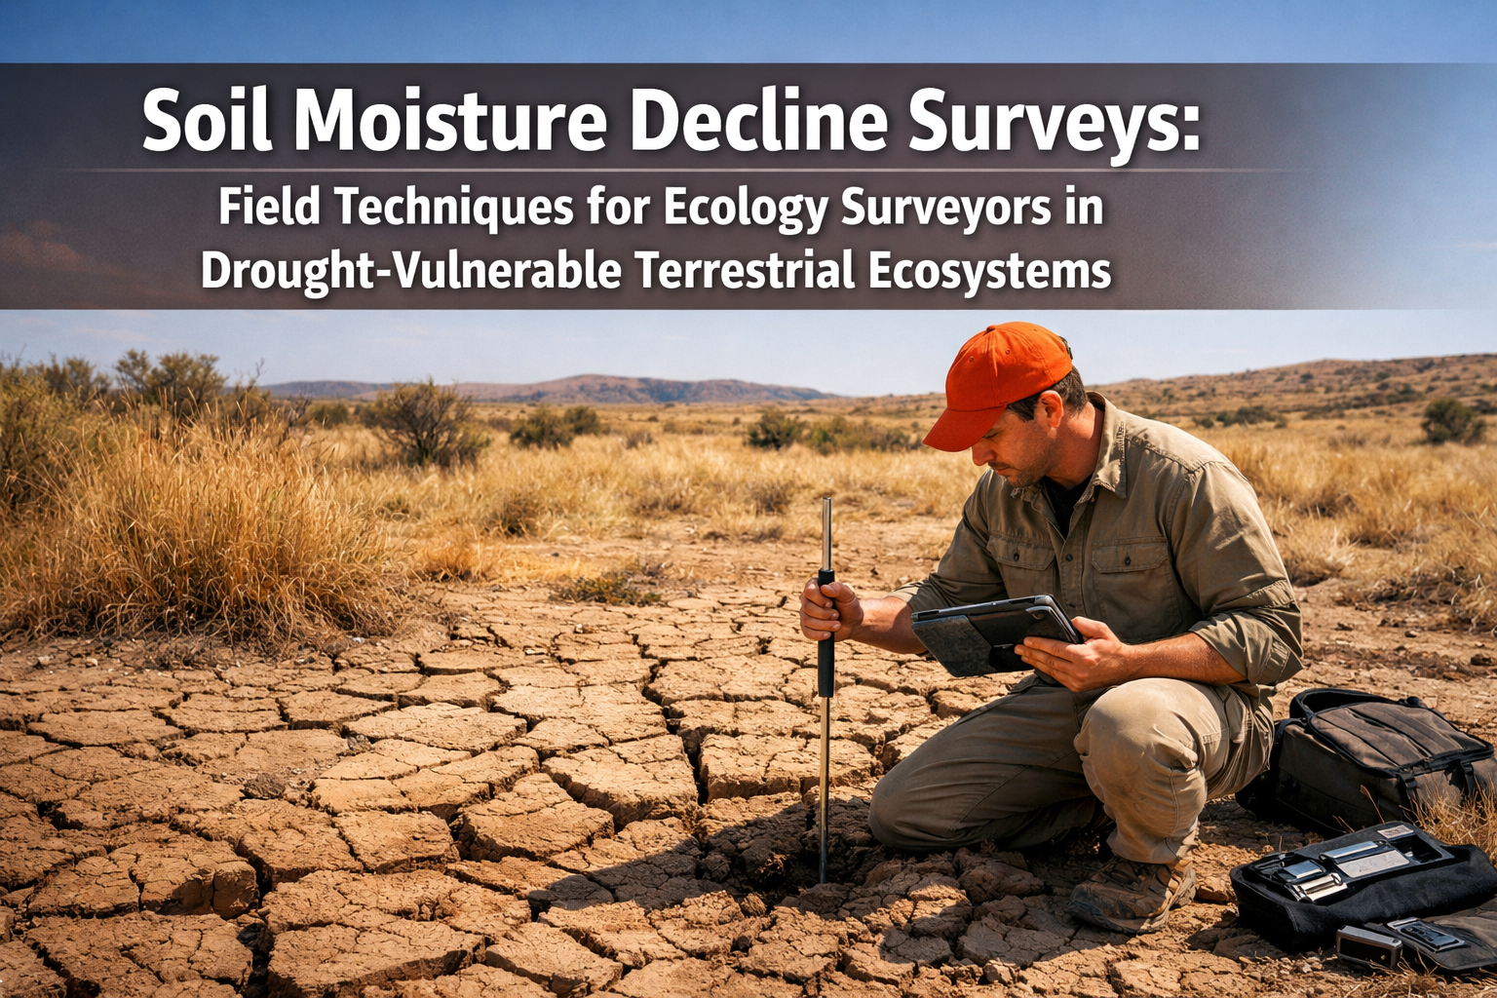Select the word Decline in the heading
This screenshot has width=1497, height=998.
[x=758, y=121]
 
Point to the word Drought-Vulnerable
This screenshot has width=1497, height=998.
[x=410, y=270]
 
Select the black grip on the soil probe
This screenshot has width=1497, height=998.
[x=825, y=633]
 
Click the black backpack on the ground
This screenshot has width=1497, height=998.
[x=1374, y=750]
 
